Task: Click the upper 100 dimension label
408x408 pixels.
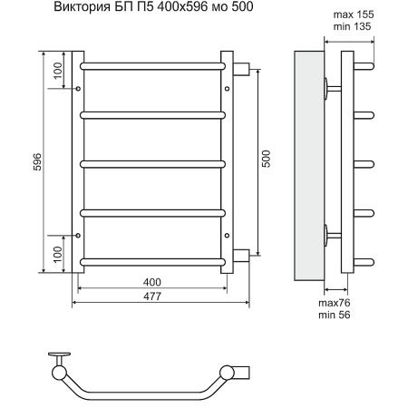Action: click(x=59, y=70)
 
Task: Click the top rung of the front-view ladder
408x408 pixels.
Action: click(x=152, y=66)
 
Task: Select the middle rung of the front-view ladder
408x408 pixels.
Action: click(x=152, y=164)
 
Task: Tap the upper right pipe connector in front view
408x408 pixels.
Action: click(x=242, y=67)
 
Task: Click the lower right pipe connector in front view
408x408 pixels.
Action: click(x=242, y=256)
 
